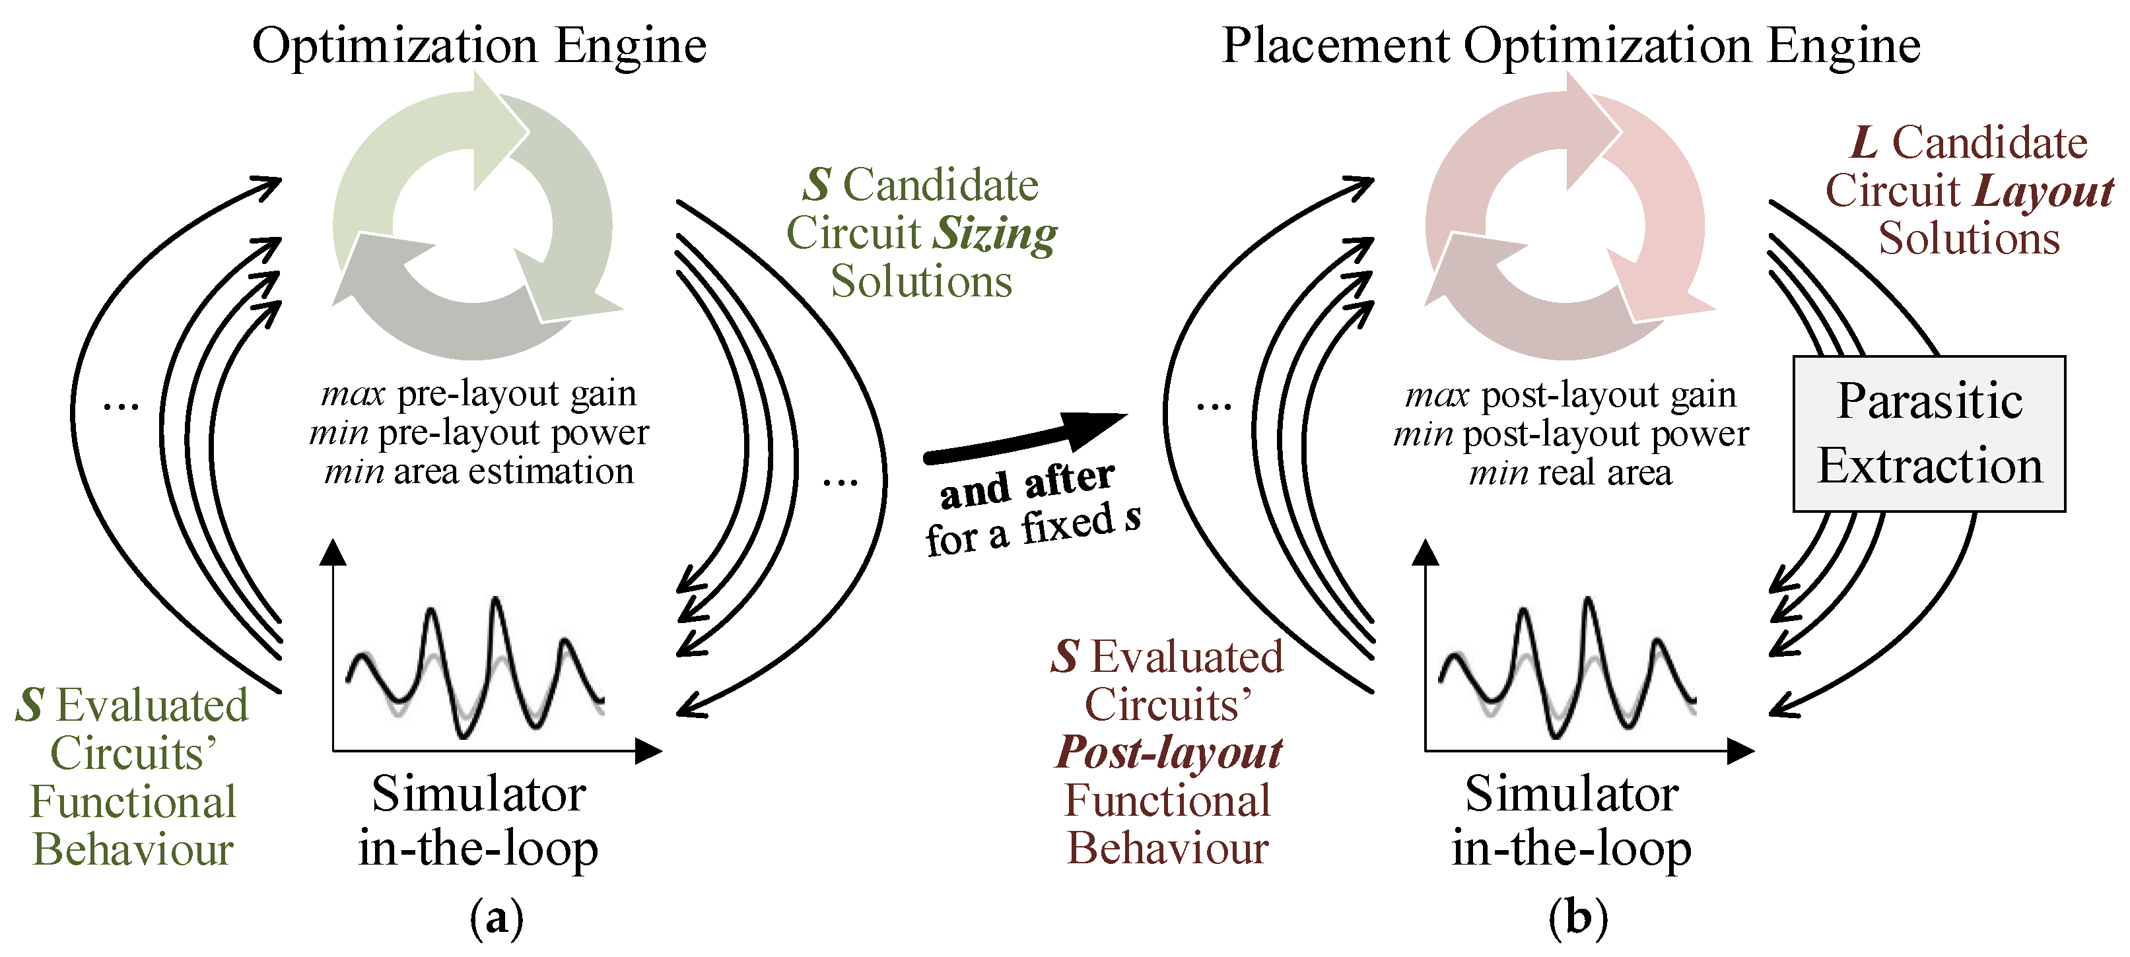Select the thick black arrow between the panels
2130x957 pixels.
tap(1025, 438)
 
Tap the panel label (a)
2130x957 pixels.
tap(496, 917)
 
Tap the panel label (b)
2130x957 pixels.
tap(1577, 917)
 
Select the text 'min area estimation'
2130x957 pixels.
tap(479, 472)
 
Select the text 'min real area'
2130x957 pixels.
tap(1570, 473)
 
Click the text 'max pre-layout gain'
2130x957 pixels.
tap(479, 394)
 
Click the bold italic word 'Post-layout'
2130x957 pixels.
tap(1169, 753)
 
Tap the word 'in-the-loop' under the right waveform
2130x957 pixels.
tap(1570, 849)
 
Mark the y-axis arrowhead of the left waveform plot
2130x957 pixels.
tap(333, 552)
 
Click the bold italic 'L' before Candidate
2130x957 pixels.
tap(1864, 143)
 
